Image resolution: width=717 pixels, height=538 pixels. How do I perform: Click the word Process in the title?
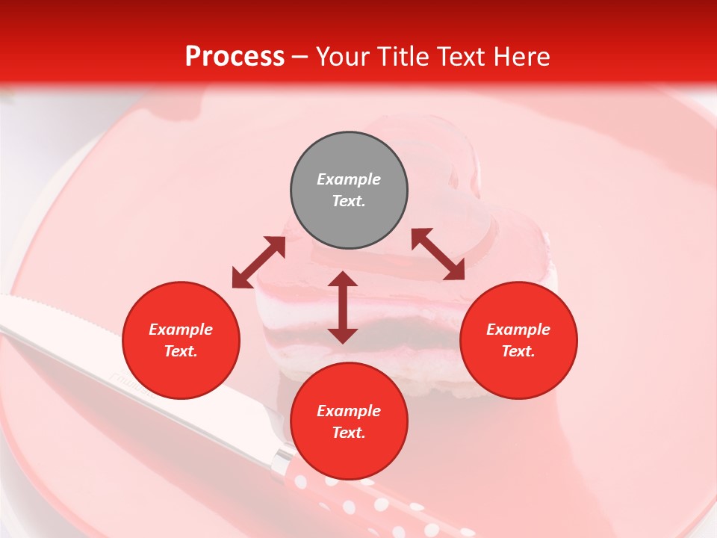[x=235, y=57]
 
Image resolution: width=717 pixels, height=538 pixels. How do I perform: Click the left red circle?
[x=181, y=340]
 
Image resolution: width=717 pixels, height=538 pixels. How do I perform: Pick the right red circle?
[x=518, y=340]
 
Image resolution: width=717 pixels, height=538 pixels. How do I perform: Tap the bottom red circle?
[x=349, y=421]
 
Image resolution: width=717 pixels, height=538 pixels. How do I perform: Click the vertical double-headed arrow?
[x=343, y=307]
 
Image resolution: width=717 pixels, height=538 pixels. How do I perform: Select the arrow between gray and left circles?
[x=258, y=262]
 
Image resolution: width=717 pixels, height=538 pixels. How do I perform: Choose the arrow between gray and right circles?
[x=438, y=254]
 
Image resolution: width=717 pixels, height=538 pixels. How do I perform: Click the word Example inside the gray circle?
[x=349, y=179]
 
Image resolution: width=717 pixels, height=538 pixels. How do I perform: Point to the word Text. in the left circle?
[x=181, y=351]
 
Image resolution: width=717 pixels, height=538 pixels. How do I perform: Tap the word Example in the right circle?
[x=518, y=330]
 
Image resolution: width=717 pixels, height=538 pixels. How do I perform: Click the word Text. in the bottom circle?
[x=349, y=433]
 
